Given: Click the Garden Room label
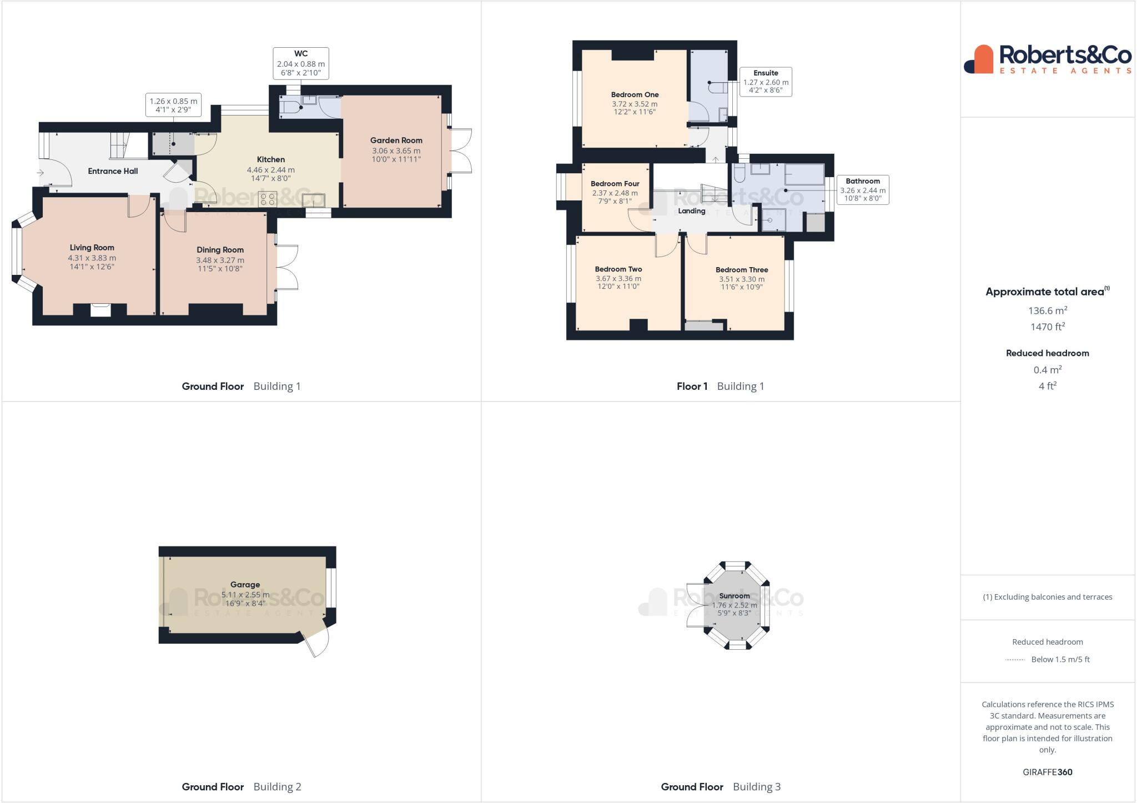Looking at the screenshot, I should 396,140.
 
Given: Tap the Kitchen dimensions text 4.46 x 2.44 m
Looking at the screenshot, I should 270,170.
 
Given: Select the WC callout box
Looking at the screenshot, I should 300,63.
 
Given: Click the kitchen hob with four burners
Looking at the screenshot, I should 268,199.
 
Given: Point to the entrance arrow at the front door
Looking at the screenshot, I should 40,173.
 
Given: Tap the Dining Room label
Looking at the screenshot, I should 220,250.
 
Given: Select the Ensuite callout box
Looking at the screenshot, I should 765,82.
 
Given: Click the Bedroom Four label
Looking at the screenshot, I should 615,184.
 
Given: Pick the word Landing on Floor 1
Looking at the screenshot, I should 691,211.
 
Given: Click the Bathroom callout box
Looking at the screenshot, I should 862,189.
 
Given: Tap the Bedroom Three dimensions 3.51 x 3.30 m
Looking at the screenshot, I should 741,279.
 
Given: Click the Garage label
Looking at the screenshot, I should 245,585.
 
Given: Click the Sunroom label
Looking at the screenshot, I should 734,596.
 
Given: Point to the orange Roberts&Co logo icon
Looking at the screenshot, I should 979,59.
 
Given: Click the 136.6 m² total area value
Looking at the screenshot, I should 1047,310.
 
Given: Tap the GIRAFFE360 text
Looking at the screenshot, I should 1047,772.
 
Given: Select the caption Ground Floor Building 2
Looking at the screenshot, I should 241,786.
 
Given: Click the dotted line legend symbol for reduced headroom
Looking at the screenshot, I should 1015,660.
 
